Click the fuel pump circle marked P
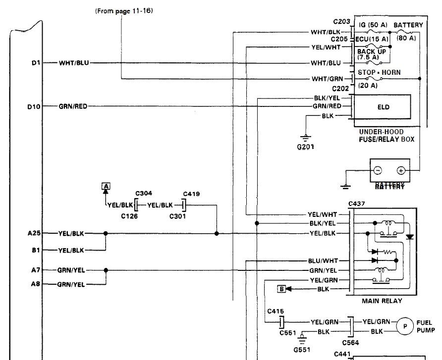(405, 326)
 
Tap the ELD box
(383, 107)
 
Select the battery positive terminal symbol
(401, 170)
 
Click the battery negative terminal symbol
(378, 170)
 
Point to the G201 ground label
(306, 147)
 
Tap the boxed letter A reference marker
(106, 186)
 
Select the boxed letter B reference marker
(281, 288)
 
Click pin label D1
(36, 63)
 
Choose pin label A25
(35, 233)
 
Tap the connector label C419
(191, 194)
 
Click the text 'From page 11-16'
(123, 10)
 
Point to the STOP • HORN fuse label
(379, 72)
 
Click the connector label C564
(350, 342)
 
